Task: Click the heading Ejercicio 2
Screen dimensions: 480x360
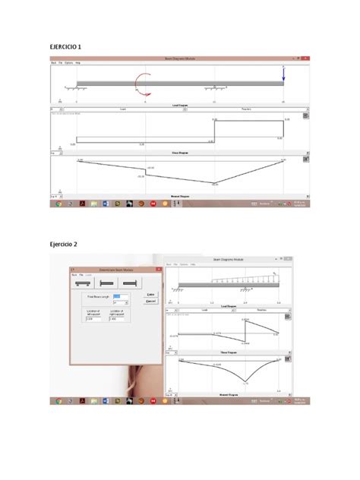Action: (65, 244)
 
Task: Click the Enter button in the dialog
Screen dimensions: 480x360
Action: (150, 293)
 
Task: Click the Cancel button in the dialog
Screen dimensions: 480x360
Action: (150, 301)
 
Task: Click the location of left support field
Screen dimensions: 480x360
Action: (95, 318)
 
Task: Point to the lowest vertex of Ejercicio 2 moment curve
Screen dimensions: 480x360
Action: (244, 382)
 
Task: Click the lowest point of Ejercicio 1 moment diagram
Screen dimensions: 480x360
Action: (214, 182)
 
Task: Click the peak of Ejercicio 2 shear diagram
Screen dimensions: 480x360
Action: (245, 321)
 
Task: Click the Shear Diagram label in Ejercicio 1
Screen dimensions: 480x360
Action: (179, 152)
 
